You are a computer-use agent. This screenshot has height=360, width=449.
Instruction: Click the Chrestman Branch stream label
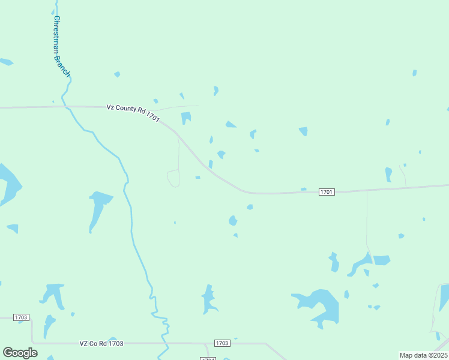pos(62,46)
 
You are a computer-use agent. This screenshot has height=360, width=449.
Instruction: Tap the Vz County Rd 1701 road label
pos(133,112)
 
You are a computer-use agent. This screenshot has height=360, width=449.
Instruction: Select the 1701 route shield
pos(327,192)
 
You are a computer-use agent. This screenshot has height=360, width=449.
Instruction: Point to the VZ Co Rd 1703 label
pos(101,343)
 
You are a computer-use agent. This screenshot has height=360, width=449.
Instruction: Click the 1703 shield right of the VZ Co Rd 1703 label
pos(222,343)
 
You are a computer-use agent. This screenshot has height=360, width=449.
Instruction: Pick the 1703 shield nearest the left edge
pos(21,317)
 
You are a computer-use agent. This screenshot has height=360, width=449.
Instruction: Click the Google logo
pos(20,353)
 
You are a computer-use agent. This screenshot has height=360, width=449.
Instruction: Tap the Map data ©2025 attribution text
pos(423,355)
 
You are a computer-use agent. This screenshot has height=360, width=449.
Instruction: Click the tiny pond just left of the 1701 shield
pos(304,189)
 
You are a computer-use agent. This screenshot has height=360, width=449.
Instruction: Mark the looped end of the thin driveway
pos(173,178)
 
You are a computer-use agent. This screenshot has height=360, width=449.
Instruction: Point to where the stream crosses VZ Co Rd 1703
pos(163,343)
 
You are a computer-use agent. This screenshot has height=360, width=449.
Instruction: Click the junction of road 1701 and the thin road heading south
pos(367,190)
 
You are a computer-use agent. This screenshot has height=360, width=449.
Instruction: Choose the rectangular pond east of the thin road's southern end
pos(382,260)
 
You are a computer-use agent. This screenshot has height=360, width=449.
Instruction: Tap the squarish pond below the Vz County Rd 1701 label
pos(186,118)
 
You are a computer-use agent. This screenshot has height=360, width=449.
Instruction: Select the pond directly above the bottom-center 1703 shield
pos(209,299)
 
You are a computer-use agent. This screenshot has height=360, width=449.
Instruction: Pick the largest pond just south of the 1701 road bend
pos(233,220)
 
